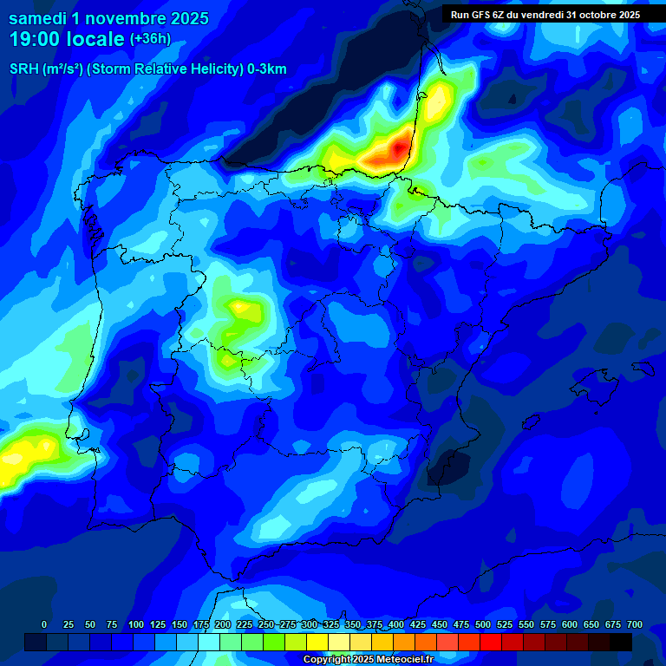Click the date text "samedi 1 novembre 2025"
click(108, 18)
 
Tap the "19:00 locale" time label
click(66, 39)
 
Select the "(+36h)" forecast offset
click(150, 39)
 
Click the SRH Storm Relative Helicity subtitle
click(148, 69)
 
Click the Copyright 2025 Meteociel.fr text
click(369, 659)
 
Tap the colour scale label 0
click(44, 625)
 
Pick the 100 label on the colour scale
click(136, 625)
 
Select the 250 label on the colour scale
click(266, 625)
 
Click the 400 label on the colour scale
click(396, 625)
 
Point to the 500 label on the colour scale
click(483, 625)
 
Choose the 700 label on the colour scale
click(634, 625)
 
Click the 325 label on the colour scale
click(331, 625)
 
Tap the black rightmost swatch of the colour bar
click(621, 642)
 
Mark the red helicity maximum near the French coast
click(398, 148)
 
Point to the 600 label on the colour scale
click(570, 625)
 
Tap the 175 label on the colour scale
click(201, 625)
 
